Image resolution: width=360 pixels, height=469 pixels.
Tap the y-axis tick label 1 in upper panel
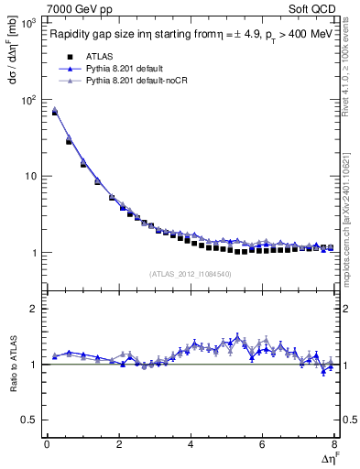pyautogui.click(x=34, y=252)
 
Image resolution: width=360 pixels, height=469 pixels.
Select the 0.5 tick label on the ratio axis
pyautogui.click(x=28, y=420)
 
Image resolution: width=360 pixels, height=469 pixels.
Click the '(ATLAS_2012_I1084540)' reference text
pyautogui.click(x=190, y=273)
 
